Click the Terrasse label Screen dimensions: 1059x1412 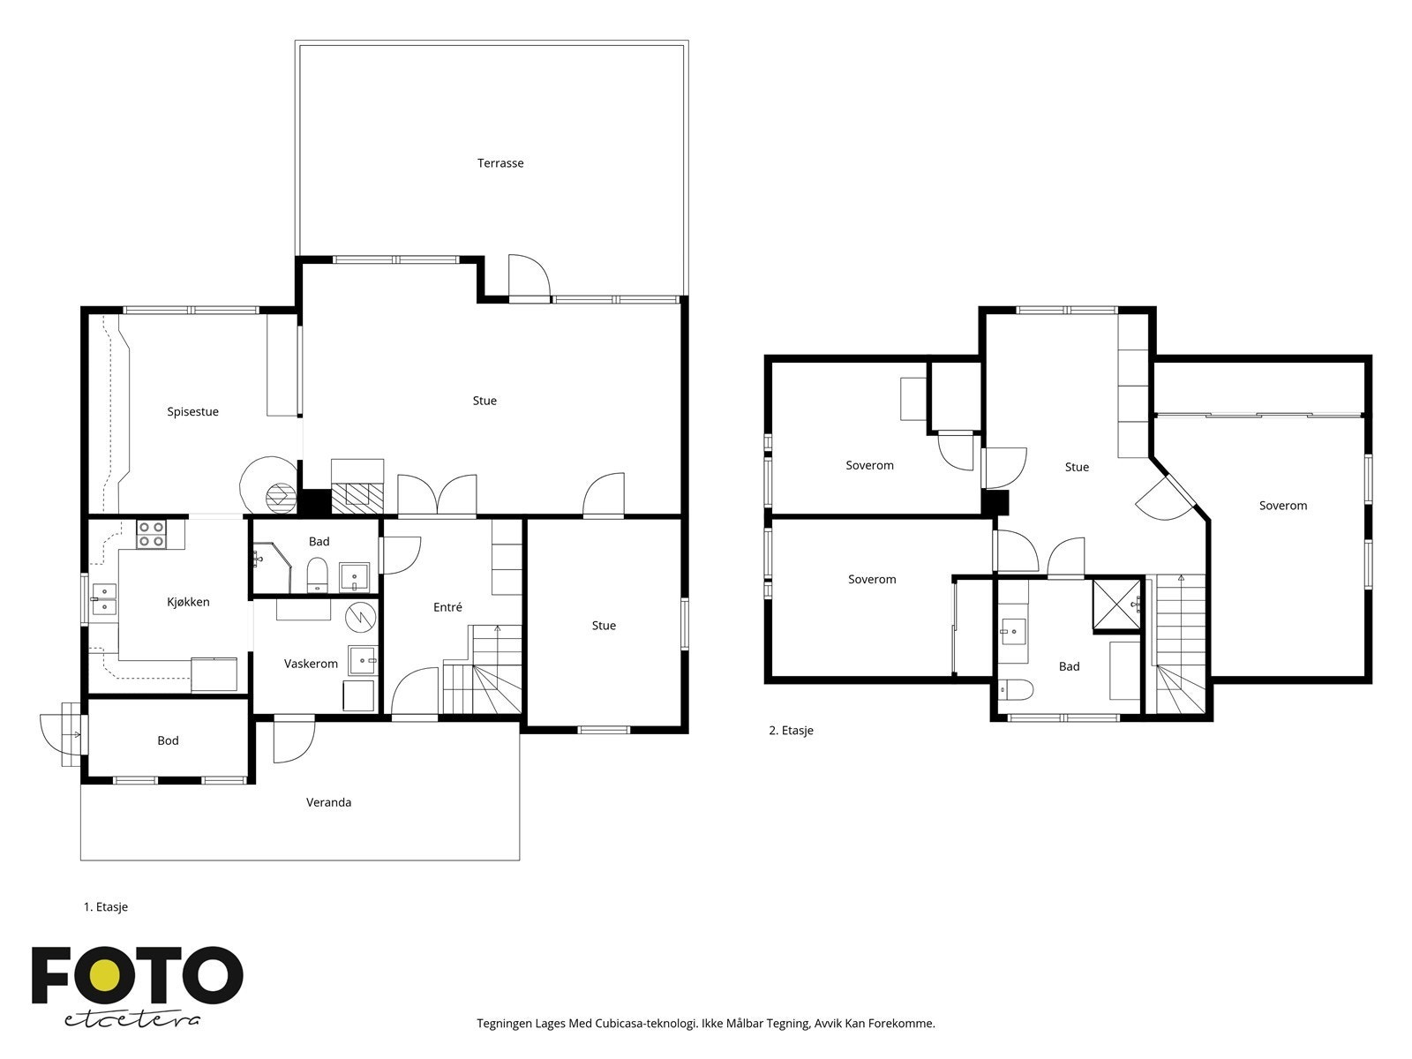pos(500,163)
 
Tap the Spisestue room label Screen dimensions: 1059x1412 pos(192,412)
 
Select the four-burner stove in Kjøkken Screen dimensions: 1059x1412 pos(151,533)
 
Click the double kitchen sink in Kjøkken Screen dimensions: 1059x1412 pos(104,599)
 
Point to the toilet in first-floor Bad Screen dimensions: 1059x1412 pos(317,575)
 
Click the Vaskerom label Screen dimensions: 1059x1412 pos(311,664)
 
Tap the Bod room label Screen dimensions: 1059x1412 pos(168,740)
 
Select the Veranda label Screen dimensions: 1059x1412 pos(328,802)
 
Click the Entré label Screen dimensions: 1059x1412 pos(447,607)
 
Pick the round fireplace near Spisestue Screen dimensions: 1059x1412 pos(280,498)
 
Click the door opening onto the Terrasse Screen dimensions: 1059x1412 pos(529,278)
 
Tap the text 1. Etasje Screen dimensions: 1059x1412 pos(106,906)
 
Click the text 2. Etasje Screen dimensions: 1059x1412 pos(791,731)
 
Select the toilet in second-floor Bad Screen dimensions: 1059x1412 pos(1014,689)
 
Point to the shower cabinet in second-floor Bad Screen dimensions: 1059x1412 pos(1116,605)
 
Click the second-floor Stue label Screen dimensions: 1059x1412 pos(1077,467)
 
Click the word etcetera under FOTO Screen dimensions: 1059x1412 pos(132,1018)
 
